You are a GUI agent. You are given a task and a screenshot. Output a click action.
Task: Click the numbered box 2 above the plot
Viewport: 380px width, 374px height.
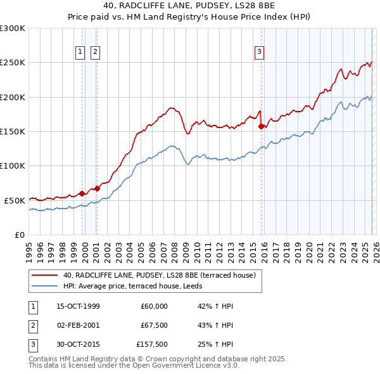point(96,53)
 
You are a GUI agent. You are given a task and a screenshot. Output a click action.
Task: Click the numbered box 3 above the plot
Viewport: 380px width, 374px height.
point(259,53)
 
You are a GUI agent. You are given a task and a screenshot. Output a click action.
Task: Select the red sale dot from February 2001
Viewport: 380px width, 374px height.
point(97,188)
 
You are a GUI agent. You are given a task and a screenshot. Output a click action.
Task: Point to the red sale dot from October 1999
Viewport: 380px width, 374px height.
point(82,193)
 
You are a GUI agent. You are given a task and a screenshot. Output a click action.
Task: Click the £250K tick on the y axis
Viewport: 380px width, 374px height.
point(13,63)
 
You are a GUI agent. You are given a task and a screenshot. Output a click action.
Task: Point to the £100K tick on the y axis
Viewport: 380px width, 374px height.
point(13,165)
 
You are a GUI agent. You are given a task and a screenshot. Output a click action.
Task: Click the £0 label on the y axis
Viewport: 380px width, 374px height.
point(19,235)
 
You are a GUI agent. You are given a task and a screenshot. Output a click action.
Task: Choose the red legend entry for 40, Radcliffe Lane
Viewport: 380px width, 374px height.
point(159,275)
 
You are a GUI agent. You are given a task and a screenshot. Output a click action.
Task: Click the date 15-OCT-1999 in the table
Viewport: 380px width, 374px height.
point(79,306)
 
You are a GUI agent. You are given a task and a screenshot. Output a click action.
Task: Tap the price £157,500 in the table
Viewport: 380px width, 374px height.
point(152,345)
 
